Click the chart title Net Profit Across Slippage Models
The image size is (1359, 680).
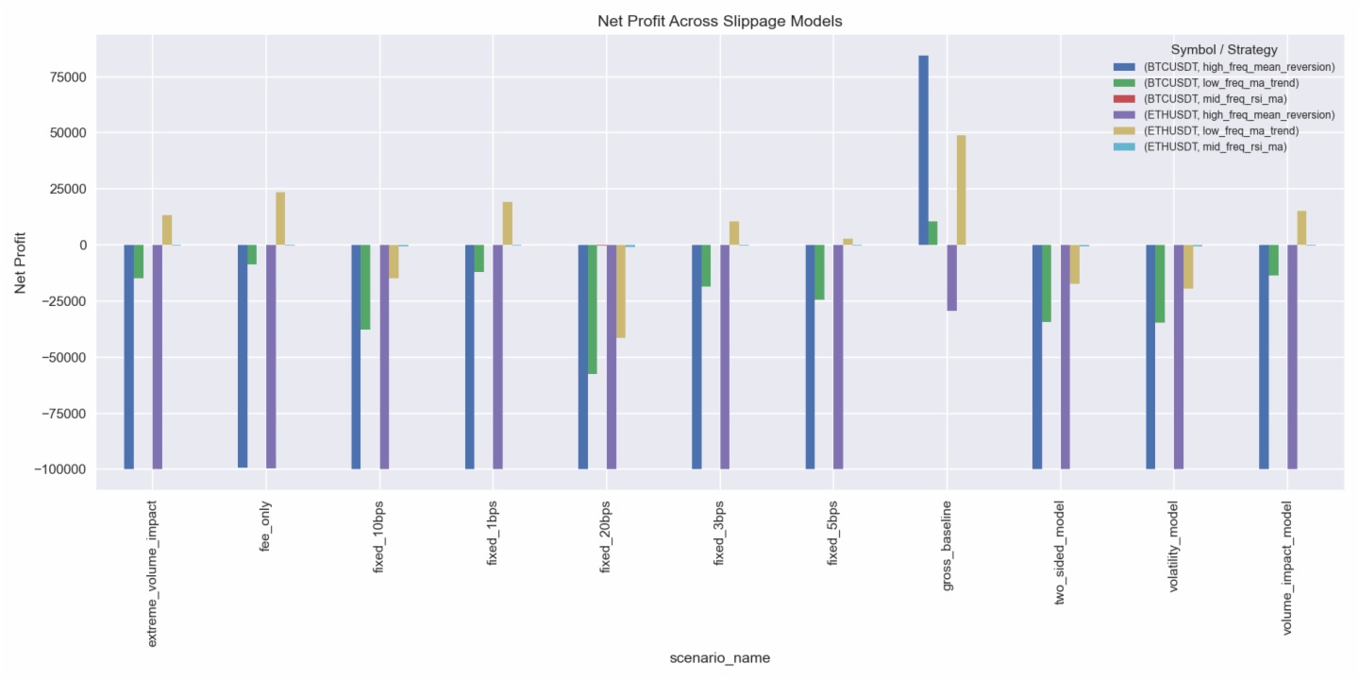[x=719, y=21]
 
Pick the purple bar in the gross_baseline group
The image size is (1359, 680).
[x=951, y=278]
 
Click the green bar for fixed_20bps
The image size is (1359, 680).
[x=592, y=309]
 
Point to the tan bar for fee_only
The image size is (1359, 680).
[x=280, y=219]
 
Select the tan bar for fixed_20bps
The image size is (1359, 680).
[x=620, y=291]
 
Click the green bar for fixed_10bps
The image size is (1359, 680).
[x=365, y=287]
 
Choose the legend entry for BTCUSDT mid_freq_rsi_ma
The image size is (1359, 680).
[x=1215, y=98]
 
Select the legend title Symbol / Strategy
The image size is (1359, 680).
[x=1224, y=49]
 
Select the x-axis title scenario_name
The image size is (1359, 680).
[x=719, y=658]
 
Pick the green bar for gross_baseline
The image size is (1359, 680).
[x=932, y=233]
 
